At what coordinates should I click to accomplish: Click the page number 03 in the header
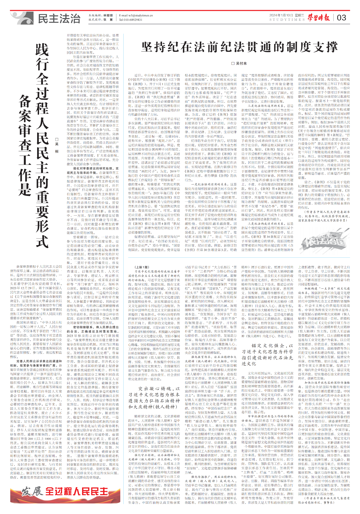[x=341, y=18]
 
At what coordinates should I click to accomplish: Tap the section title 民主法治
[x=59, y=19]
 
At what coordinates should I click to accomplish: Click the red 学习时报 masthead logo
[x=319, y=18]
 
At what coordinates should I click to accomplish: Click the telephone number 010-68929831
[x=132, y=20]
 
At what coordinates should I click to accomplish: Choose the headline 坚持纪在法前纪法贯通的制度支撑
[x=239, y=47]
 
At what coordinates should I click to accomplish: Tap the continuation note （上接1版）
[x=142, y=267]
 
